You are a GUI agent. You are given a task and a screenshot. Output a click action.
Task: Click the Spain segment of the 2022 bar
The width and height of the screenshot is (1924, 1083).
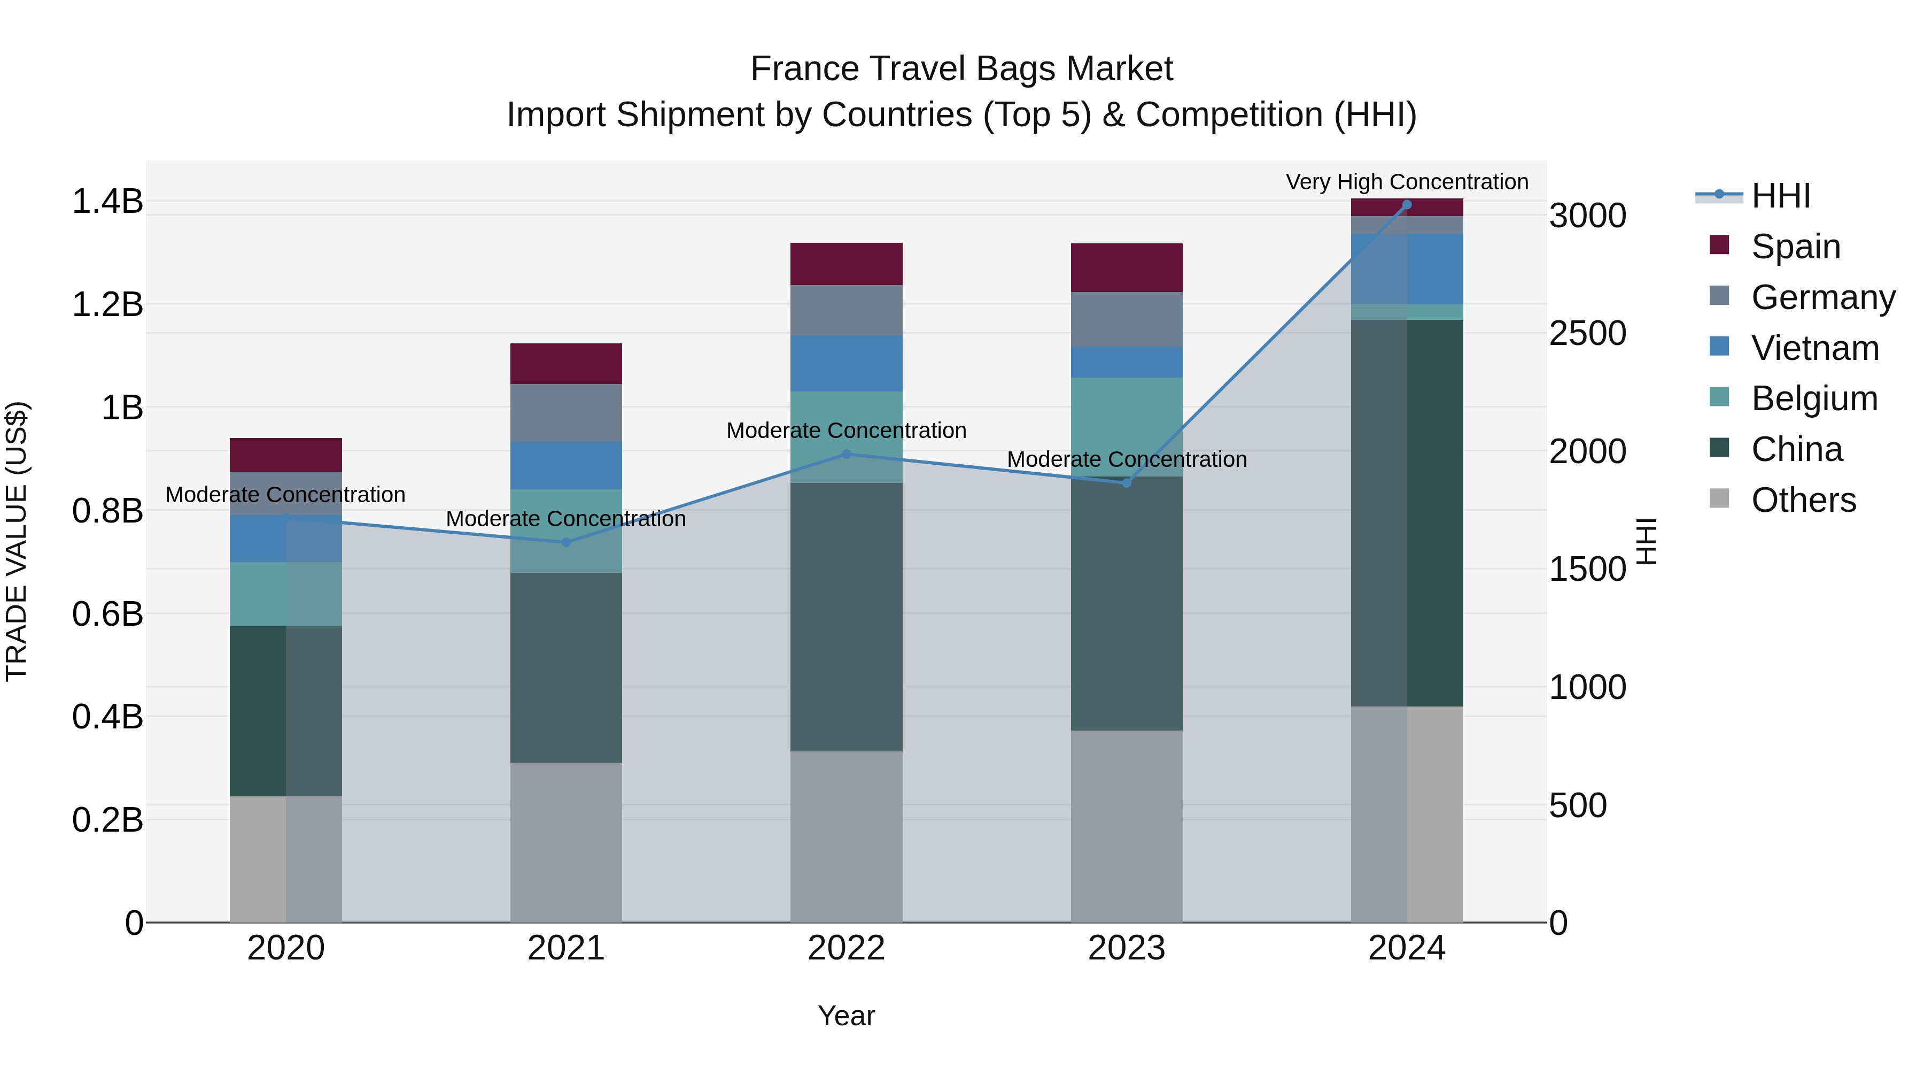tap(846, 264)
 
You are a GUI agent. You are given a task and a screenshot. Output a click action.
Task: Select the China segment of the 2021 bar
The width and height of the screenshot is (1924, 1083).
tap(565, 667)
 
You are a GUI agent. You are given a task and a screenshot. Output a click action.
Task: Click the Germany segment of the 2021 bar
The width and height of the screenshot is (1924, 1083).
tap(565, 412)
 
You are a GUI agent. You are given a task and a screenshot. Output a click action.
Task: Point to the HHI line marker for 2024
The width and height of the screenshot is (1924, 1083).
tap(1407, 205)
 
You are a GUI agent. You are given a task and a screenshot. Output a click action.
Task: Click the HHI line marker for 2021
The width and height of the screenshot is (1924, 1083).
tap(565, 543)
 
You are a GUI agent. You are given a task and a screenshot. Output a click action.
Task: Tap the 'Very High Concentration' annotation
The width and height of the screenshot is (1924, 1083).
tap(1407, 182)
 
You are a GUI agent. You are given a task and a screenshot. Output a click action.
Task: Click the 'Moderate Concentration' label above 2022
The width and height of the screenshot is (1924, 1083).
tap(846, 431)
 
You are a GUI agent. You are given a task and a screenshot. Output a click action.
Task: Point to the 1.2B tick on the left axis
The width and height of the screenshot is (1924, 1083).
tap(107, 305)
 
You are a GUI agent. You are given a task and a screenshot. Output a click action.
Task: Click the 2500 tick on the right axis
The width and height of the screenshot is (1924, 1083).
tap(1587, 333)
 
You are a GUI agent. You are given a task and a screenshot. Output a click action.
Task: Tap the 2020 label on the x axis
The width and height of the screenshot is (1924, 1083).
tap(285, 948)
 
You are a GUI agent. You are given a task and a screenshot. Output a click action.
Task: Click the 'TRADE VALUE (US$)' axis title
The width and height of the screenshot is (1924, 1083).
tap(17, 541)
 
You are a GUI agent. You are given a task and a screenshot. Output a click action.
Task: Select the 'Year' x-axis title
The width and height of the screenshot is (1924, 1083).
tap(845, 1016)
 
